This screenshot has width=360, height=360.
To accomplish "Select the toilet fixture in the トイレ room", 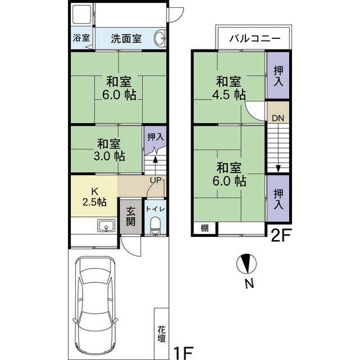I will pos(155,226).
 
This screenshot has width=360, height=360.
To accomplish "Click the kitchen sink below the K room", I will pos(105,226).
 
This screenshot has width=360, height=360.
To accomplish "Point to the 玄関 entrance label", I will pos(130,217).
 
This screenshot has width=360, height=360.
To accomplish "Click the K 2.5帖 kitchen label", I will pos(94,197).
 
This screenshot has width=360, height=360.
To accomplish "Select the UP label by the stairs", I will pos(156,180).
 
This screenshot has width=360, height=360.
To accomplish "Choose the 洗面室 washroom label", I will pos(125,39).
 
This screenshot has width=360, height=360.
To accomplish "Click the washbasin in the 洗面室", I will pos(160,39).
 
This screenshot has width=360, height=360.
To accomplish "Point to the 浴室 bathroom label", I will pos(82,39).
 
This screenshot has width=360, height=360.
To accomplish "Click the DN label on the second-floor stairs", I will pos(277,119).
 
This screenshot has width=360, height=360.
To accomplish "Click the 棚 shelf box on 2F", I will pos(205,228).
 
